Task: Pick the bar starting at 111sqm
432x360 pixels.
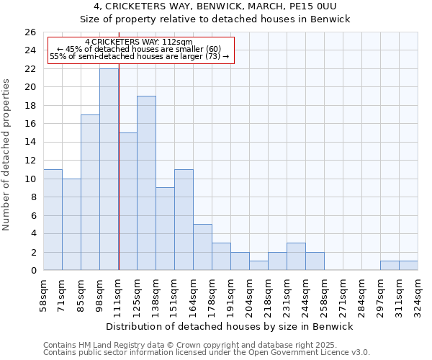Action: tap(127, 202)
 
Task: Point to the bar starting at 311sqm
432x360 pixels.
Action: tap(408, 266)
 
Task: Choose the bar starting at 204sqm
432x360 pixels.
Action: tap(258, 266)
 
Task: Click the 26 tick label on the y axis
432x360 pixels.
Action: tap(30, 32)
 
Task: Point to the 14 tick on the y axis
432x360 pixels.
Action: tap(30, 142)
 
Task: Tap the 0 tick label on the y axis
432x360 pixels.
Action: tap(33, 271)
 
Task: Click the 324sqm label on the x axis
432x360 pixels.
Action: tap(418, 296)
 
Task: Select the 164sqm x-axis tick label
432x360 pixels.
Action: tap(193, 296)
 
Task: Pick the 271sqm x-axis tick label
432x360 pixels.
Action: tap(343, 296)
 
